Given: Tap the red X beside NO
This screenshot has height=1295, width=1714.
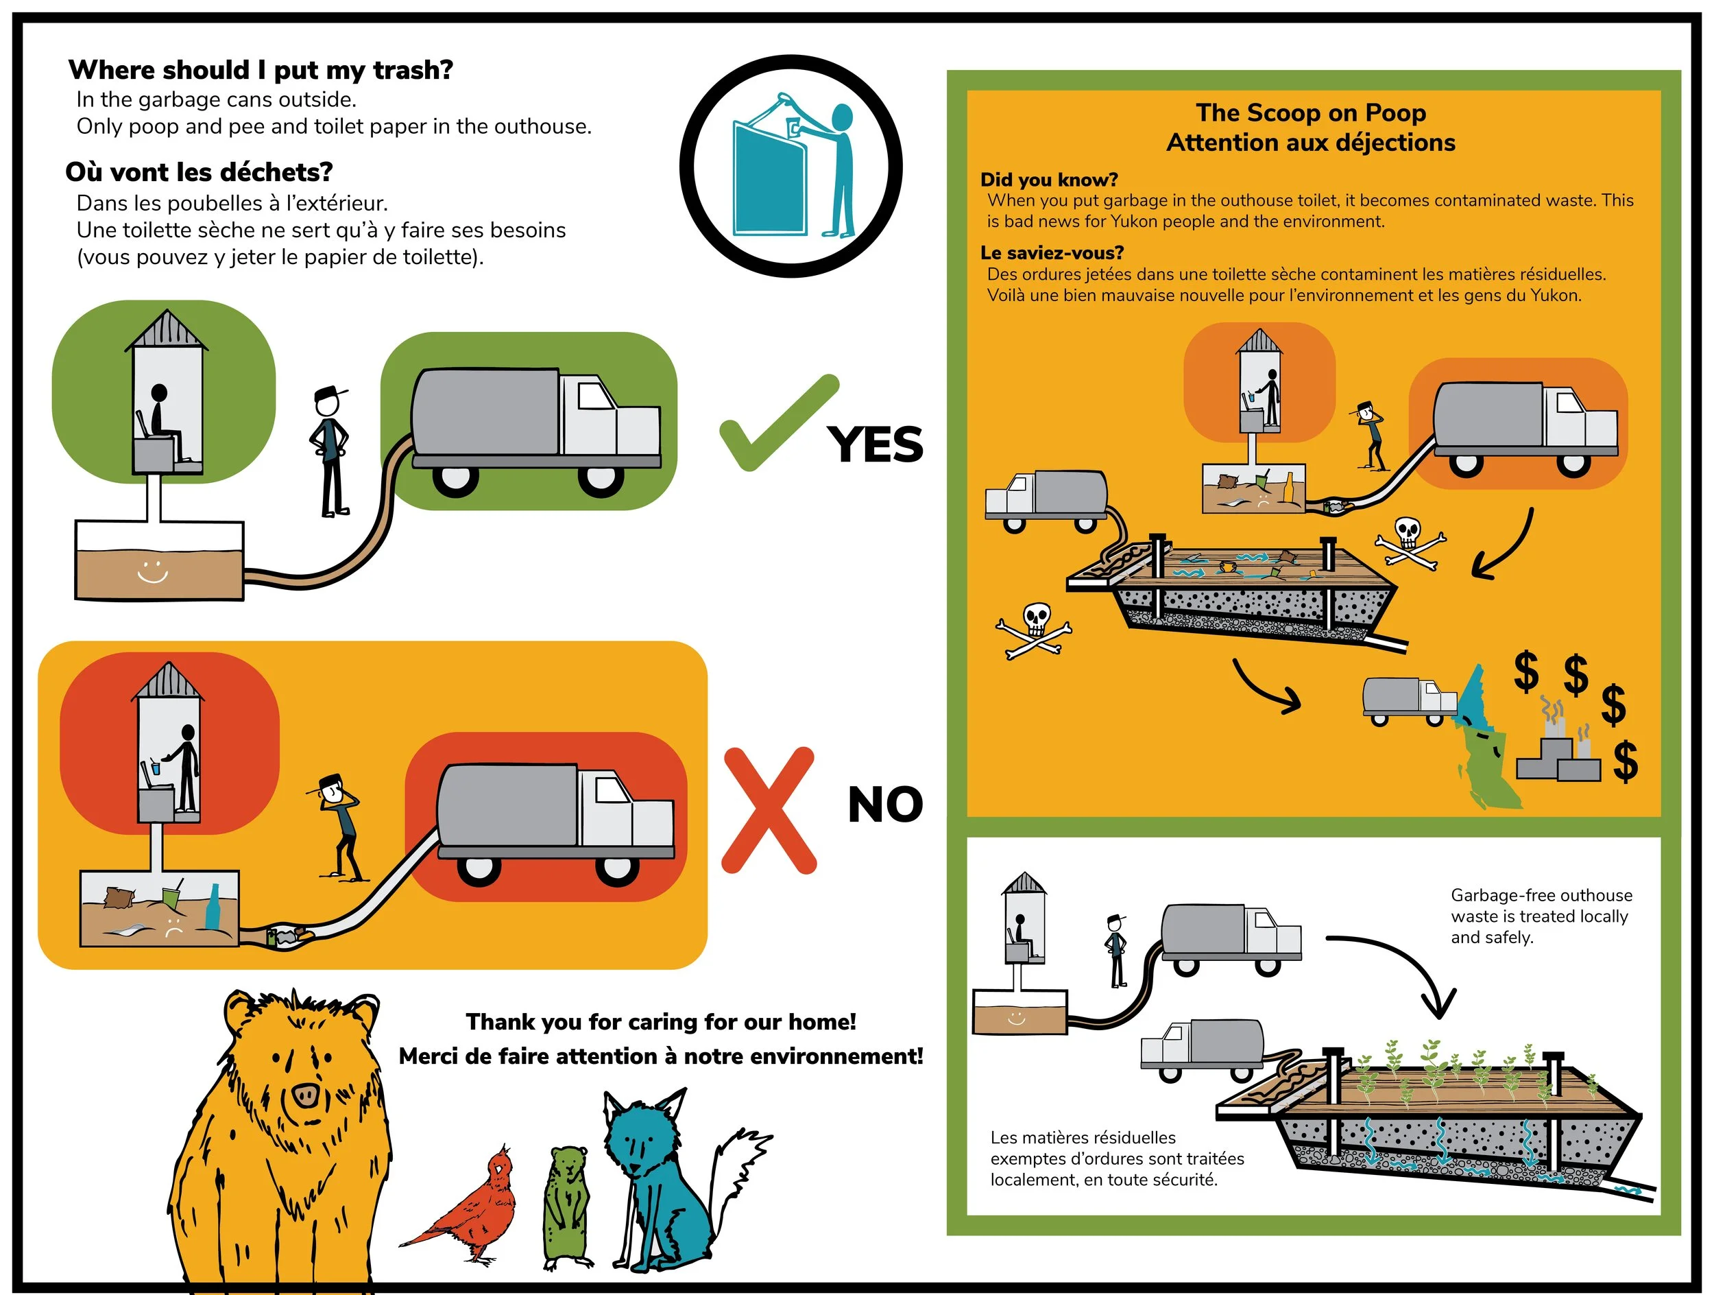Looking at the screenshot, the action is tap(769, 810).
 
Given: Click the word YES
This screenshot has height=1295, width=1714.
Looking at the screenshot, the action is tap(876, 445).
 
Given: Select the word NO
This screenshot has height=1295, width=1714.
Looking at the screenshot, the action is tap(886, 805).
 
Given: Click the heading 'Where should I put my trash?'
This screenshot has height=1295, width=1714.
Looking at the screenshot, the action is tap(261, 70).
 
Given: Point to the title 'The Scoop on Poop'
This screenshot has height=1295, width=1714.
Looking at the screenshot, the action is tap(1310, 112).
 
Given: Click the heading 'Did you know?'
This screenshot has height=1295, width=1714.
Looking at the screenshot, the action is tap(1049, 180).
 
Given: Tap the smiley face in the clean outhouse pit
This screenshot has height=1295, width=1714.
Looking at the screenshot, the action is tap(153, 572).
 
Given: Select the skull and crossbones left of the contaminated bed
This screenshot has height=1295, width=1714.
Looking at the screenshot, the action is tap(1034, 631).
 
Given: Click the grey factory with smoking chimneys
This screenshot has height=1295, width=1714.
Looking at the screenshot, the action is tap(1558, 748).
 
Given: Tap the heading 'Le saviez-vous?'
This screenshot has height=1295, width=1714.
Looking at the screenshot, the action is tap(1052, 252).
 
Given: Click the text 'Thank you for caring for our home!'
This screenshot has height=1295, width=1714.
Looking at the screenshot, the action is tap(661, 1021).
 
